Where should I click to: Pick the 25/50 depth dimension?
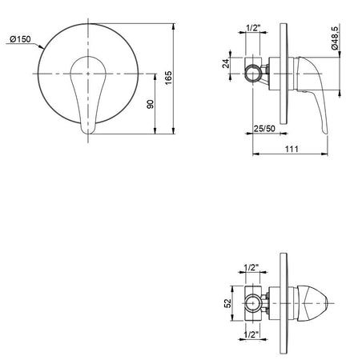[x=264, y=127]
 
